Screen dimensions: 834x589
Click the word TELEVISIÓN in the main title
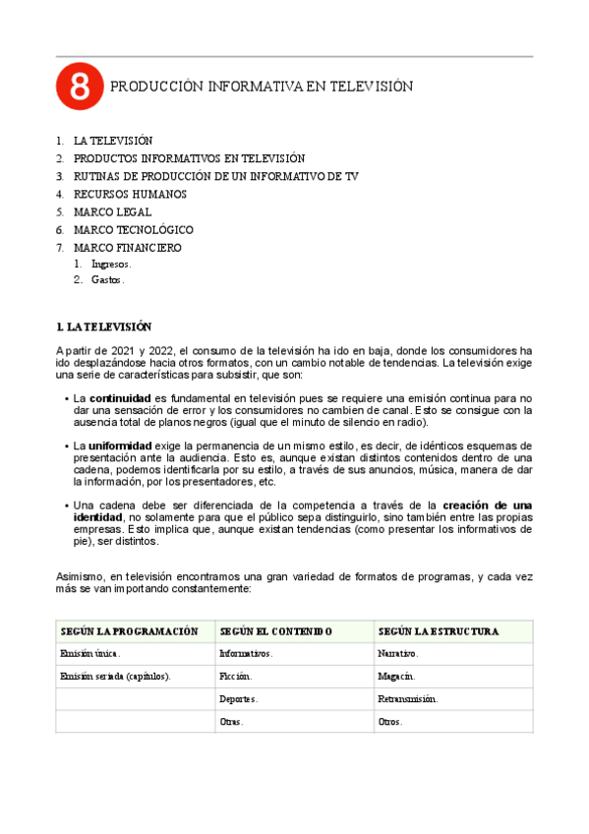368,88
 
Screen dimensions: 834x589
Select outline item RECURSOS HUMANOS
130,194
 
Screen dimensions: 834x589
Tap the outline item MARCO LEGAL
112,211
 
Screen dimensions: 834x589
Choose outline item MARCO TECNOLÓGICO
133,229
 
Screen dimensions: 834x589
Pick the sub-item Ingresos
110,264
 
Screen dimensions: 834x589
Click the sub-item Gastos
107,280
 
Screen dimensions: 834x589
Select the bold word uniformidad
120,446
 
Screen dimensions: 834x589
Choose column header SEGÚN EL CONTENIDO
276,631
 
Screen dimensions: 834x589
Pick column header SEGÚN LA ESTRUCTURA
438,631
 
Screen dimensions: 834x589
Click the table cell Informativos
246,653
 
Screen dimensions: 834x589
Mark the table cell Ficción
235,676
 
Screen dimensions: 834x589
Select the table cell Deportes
239,699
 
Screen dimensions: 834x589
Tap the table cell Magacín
396,676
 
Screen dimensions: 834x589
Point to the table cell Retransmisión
407,699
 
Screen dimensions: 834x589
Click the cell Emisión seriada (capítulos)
115,676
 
